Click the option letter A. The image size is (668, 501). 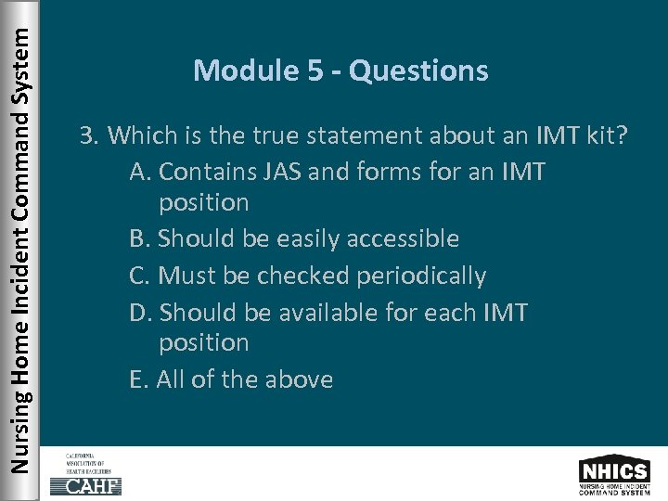[140, 172]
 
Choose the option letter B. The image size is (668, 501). [140, 238]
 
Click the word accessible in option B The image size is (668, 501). [403, 238]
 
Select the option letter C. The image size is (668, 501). [140, 276]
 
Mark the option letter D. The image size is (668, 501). [141, 313]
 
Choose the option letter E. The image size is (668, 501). [139, 379]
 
